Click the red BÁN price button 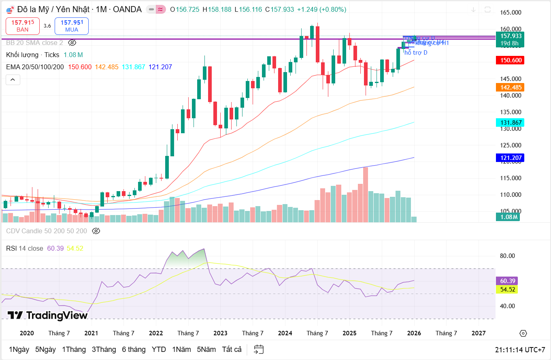tap(23, 26)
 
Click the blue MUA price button tap(72, 26)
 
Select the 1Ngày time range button tap(19, 349)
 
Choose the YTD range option tap(159, 349)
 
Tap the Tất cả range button tap(232, 349)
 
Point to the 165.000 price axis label tap(510, 13)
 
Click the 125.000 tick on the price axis tap(510, 145)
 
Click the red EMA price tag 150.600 tap(510, 60)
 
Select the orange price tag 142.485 tap(510, 87)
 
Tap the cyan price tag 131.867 tap(510, 122)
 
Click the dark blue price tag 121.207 tap(510, 158)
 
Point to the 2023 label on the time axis tap(220, 333)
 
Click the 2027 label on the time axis tap(479, 333)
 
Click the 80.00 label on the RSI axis tap(507, 256)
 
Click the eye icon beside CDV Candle tap(96, 231)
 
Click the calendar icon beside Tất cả tap(259, 349)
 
